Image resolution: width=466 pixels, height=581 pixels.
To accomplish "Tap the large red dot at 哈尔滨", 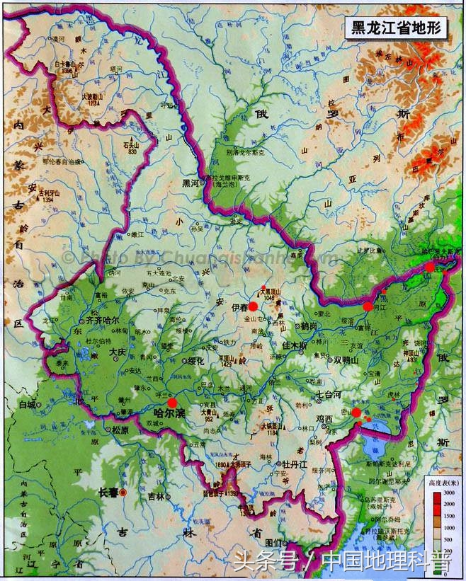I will pos(172,403).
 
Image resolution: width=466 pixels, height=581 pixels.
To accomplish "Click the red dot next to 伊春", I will pos(253,306).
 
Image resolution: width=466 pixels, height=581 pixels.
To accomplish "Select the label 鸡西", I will pos(324,419).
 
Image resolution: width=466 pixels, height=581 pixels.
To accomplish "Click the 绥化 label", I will pos(193,360).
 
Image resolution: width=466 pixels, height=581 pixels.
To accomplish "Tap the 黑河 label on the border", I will pos(191,182).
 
